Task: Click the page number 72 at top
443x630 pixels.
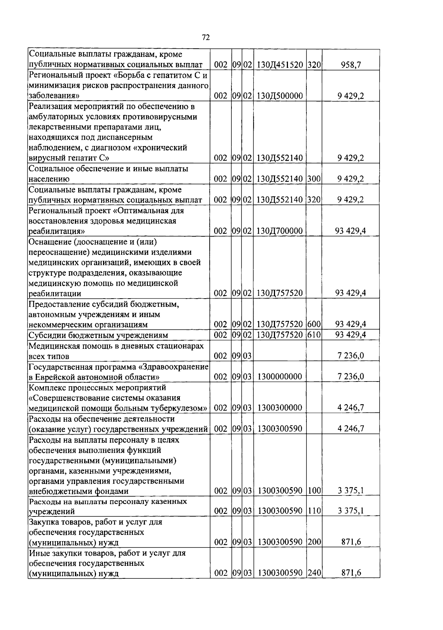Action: click(206, 38)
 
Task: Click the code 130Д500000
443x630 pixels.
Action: click(279, 96)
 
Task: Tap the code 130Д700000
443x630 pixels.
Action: click(279, 231)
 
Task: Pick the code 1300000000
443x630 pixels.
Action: click(280, 377)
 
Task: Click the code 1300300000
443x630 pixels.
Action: click(280, 408)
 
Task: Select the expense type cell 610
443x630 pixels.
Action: click(314, 335)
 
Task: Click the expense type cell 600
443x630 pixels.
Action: click(314, 324)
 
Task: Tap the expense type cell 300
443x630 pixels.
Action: click(314, 179)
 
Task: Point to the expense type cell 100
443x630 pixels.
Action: click(314, 491)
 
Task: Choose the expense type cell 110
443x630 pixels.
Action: click(314, 511)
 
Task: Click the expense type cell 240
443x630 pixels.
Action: click(314, 573)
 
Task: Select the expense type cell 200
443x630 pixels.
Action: click(314, 542)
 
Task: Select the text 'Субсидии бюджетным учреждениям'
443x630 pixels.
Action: click(98, 335)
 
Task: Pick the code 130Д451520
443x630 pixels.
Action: click(279, 65)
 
